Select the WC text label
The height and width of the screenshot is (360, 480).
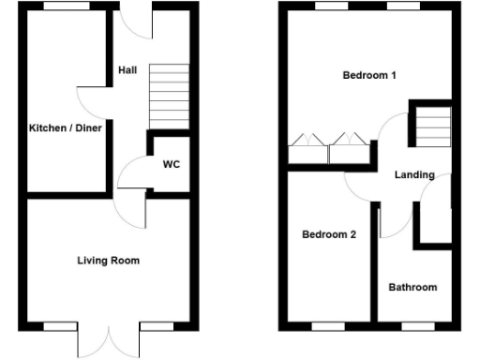172,165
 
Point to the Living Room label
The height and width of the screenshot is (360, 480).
108,261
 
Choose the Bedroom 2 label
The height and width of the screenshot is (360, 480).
328,235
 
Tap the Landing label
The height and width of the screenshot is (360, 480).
413,174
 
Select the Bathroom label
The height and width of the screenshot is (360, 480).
412,287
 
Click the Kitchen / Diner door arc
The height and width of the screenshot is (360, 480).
92,101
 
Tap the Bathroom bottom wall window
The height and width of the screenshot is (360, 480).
413,325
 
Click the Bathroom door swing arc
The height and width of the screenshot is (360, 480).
393,220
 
